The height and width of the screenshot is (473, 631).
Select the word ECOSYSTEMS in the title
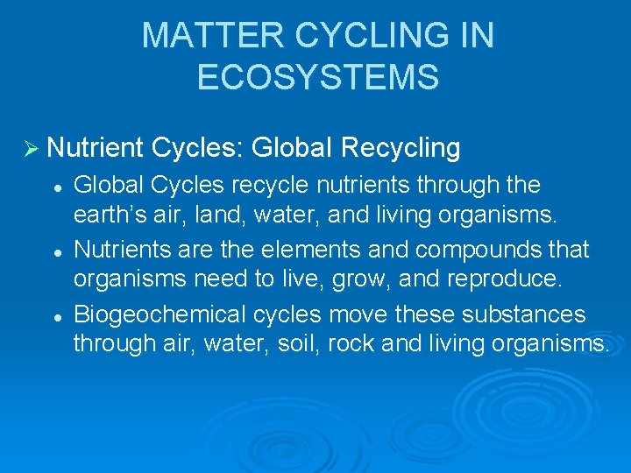318,77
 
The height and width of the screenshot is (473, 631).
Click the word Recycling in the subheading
401,148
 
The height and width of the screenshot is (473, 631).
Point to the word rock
351,343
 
